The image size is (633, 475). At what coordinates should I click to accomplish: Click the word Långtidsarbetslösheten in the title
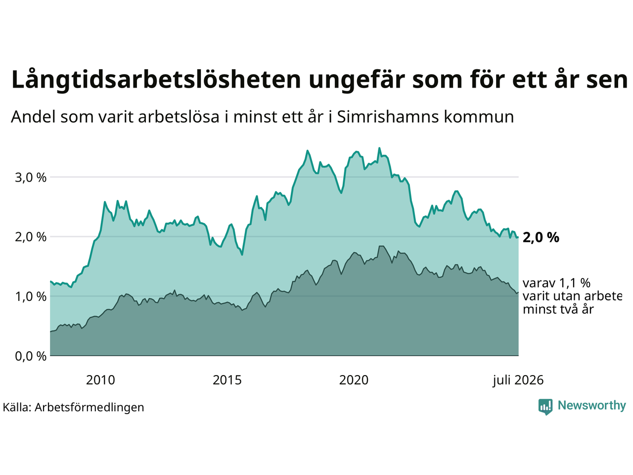tap(156, 80)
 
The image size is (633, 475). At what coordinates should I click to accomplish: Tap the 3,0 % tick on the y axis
tap(31, 177)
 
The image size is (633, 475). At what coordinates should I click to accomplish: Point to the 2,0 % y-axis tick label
tap(31, 237)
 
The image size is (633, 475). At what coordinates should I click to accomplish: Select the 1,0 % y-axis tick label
tap(31, 296)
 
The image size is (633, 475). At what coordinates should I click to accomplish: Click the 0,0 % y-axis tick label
tap(31, 356)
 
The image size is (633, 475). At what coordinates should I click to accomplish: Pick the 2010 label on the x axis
tap(100, 380)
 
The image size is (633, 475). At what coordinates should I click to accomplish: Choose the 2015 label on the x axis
tap(227, 380)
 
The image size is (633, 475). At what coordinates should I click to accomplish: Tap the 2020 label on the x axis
tap(354, 380)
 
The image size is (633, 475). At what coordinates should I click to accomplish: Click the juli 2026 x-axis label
tap(518, 380)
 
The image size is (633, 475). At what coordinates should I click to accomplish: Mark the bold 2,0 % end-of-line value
tap(541, 237)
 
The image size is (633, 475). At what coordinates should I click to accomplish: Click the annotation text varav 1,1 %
tap(556, 283)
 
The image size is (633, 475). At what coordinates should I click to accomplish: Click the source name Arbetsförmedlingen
tap(89, 408)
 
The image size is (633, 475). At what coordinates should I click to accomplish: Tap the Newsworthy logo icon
tap(545, 407)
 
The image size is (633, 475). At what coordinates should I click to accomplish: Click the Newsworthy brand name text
tap(592, 406)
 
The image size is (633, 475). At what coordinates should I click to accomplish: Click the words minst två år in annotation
tap(558, 309)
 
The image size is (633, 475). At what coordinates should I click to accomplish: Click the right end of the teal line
tap(518, 237)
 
